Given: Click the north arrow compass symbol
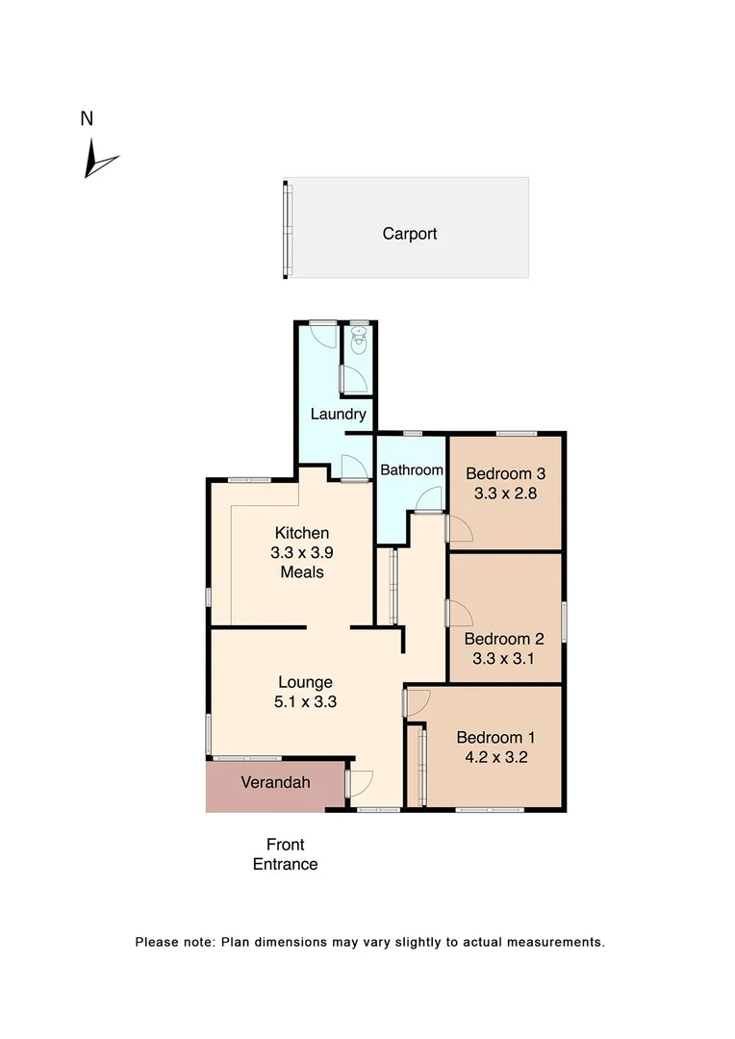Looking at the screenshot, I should point(98,160).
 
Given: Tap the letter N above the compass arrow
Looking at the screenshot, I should point(87,119).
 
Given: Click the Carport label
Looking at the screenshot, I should point(410,233).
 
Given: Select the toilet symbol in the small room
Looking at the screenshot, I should point(359,341).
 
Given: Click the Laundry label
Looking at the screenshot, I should point(338,415).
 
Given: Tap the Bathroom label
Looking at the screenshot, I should point(412,470).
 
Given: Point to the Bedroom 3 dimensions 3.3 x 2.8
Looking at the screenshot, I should point(505,494).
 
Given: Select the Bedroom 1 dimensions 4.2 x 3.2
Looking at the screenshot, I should point(495,757).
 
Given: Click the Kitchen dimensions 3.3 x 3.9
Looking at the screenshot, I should point(302,552).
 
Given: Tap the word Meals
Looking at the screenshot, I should point(302,572).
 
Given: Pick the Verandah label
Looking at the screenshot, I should point(275,782).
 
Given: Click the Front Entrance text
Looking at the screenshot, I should point(285,854).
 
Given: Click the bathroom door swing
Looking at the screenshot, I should point(429,499).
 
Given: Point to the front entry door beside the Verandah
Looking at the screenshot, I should point(360,784).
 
